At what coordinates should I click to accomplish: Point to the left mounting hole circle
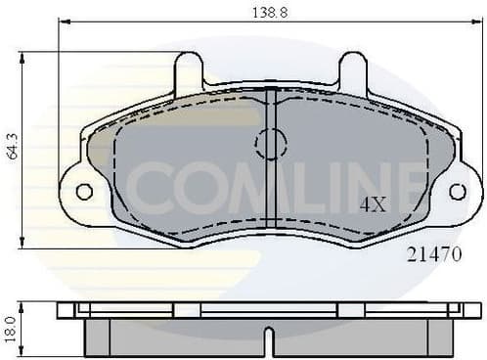pyautogui.click(x=85, y=192)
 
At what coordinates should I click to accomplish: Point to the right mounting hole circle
pyautogui.click(x=457, y=192)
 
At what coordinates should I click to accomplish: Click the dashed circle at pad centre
pyautogui.click(x=270, y=146)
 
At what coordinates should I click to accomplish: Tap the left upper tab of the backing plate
pyautogui.click(x=188, y=71)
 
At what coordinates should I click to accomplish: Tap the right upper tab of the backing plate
pyautogui.click(x=353, y=71)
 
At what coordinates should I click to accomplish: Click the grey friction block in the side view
pyautogui.click(x=176, y=338)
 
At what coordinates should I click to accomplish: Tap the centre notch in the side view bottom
pyautogui.click(x=271, y=341)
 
